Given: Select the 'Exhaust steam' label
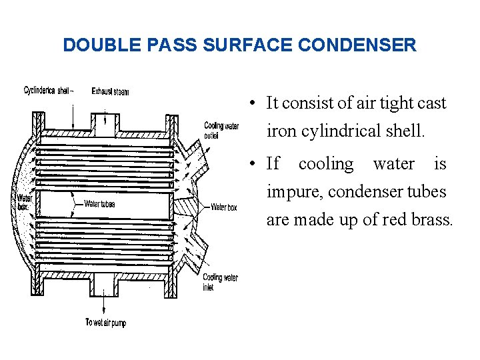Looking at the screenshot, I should tap(111, 91).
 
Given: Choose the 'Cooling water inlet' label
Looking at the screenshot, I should tap(221, 282).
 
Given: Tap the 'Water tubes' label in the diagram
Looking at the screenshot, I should tap(99, 204).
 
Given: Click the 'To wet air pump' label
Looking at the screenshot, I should tap(105, 323).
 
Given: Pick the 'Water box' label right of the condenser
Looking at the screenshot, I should tap(223, 207).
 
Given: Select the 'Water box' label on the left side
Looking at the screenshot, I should tap(23, 202).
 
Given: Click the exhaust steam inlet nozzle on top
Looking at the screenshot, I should tap(105, 123).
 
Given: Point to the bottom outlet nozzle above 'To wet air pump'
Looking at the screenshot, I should tap(103, 287).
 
